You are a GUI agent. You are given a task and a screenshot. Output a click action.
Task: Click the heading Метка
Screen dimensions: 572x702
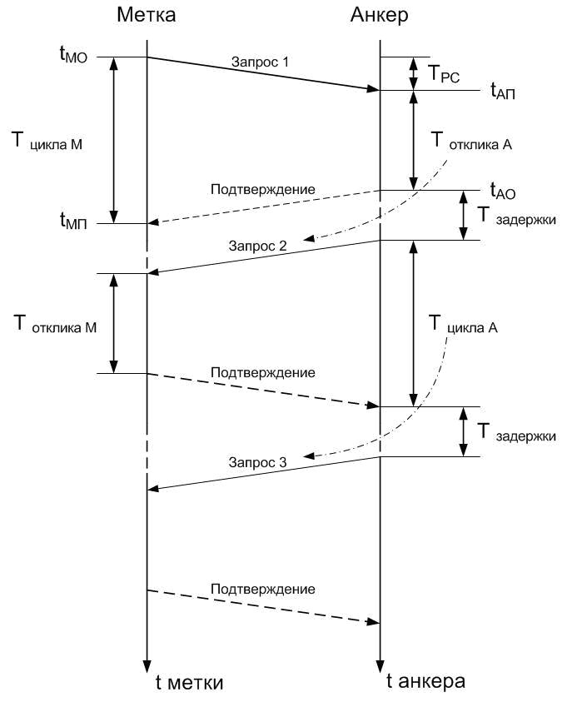(146, 15)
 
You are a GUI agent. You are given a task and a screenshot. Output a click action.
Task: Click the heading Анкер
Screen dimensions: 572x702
(379, 15)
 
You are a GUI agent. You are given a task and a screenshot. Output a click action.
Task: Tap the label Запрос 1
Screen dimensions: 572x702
(260, 62)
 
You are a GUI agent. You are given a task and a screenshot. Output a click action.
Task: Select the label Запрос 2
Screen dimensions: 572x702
(257, 246)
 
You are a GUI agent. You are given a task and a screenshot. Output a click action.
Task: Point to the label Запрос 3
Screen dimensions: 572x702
(257, 462)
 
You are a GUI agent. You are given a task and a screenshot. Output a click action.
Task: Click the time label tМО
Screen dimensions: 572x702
(73, 55)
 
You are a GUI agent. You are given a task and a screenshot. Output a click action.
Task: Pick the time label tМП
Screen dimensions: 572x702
(73, 222)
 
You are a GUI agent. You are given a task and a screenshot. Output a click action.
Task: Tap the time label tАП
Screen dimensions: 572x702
(503, 91)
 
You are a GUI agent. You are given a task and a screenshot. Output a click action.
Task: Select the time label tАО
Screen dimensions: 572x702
(503, 192)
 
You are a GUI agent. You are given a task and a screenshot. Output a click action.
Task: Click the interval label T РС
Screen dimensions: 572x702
(444, 74)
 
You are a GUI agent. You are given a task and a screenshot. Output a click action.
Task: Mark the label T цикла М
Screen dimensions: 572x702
(47, 141)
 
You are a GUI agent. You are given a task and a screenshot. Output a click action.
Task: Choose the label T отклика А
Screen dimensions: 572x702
(471, 141)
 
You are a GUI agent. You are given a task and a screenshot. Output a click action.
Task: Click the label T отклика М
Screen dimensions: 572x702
(55, 325)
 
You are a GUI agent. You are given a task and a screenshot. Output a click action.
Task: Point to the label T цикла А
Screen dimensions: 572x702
(463, 325)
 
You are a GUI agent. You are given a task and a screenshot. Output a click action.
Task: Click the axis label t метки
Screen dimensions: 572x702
(189, 683)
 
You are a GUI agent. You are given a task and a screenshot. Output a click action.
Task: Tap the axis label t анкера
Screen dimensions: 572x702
(425, 681)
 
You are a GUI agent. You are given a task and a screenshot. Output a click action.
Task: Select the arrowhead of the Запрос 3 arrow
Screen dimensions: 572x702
(152, 489)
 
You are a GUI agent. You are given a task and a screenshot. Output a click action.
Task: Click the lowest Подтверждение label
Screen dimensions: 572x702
(263, 589)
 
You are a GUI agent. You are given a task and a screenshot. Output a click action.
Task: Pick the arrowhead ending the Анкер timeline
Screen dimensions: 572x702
(380, 666)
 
